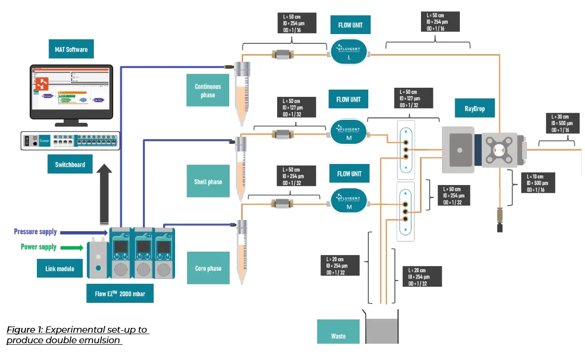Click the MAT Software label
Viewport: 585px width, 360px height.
(71, 49)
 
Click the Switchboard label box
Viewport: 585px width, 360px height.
(70, 164)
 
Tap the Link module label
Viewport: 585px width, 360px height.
(59, 268)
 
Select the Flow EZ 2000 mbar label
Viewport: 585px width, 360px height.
(120, 293)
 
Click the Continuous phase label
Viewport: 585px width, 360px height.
(208, 91)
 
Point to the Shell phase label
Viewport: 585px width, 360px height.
(208, 182)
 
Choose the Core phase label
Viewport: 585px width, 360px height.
(208, 268)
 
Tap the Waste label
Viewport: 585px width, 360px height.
(338, 336)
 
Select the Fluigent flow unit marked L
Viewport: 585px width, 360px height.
(349, 52)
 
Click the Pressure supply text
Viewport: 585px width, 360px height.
(35, 232)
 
